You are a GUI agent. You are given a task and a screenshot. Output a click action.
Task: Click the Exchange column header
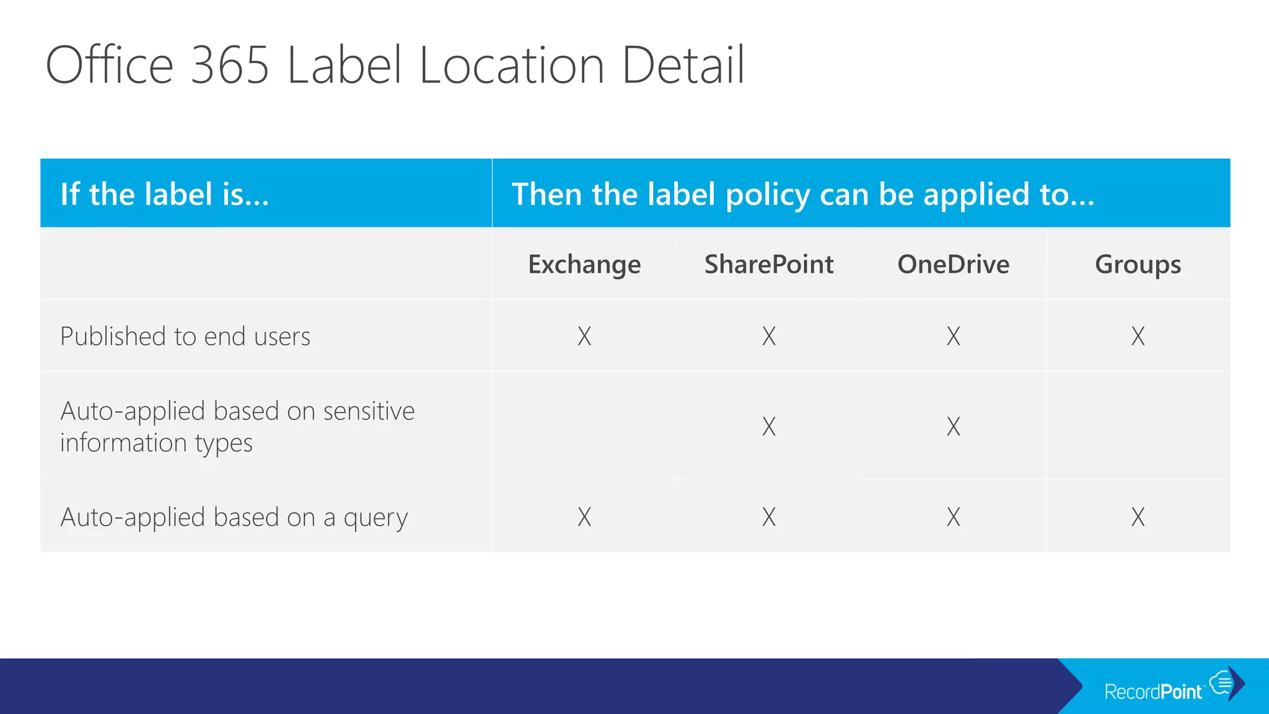pos(584,265)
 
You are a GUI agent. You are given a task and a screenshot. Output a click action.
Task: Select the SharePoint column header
pos(769,265)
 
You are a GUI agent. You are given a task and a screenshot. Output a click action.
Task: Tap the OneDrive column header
pos(953,265)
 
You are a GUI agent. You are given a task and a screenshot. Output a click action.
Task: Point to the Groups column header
pos(1138,265)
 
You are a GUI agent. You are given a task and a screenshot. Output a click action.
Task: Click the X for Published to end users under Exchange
pos(584,336)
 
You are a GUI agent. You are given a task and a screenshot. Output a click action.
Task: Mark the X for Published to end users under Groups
pos(1138,336)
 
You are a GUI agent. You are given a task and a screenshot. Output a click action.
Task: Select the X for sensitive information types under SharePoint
pos(769,426)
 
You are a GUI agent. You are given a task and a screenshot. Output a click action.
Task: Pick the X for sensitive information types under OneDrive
pos(953,426)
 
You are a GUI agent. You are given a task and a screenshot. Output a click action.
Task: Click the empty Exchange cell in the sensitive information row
pos(584,426)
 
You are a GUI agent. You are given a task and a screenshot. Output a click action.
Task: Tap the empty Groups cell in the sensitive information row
pos(1138,426)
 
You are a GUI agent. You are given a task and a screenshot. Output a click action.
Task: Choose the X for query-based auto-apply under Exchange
pos(584,517)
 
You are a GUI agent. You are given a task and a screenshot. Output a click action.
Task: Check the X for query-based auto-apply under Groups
pos(1138,517)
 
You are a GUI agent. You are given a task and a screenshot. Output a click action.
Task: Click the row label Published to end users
pos(185,337)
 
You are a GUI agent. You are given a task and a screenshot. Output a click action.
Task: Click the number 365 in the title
pos(230,65)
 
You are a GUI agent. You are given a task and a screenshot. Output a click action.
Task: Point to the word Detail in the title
pos(682,65)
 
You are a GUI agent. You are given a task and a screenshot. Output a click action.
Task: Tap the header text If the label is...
pos(164,194)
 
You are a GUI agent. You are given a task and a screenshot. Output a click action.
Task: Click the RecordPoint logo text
pos(1153,691)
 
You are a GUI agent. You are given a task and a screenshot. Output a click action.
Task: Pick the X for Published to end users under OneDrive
pos(953,336)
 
